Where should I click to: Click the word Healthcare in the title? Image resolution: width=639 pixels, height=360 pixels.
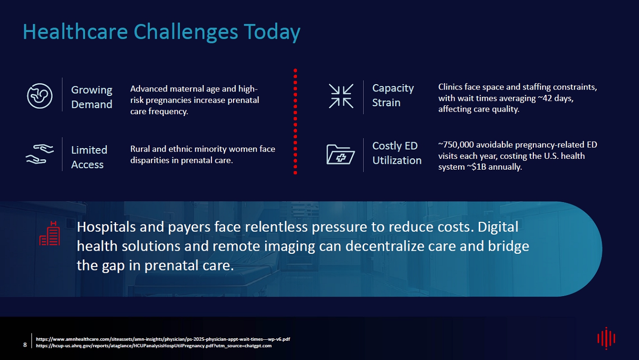75,31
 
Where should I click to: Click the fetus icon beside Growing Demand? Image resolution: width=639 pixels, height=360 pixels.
40,96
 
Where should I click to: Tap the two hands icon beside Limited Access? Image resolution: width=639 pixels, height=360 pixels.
40,154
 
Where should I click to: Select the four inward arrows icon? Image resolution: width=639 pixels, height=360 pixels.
341,96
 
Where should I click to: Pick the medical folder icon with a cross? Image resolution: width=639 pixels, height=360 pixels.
341,154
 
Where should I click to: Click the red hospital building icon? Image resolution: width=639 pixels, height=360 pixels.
50,233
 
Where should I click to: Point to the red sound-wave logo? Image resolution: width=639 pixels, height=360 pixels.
606,338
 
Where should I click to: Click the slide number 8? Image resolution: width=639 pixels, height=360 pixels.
25,345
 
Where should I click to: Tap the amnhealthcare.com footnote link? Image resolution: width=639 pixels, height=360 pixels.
163,339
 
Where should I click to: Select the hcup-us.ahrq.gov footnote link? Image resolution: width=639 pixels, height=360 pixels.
154,346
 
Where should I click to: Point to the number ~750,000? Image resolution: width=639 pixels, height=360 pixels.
456,145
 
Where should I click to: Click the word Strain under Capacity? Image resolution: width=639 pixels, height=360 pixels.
386,102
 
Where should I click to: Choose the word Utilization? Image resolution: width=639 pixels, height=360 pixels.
397,160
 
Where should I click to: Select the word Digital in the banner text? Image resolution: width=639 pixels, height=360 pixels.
498,227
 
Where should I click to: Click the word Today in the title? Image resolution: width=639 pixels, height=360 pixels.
272,32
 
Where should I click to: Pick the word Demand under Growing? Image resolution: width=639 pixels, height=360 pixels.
91,104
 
